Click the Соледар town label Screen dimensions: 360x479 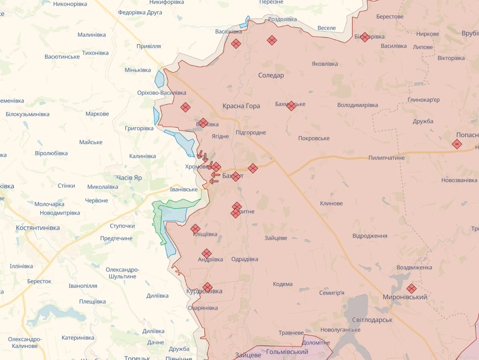pyautogui.click(x=271, y=75)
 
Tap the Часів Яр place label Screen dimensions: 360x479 pyautogui.click(x=129, y=178)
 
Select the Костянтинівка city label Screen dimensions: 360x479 pyautogui.click(x=38, y=228)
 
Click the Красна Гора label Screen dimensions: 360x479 pyautogui.click(x=241, y=106)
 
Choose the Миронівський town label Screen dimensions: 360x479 pyautogui.click(x=405, y=297)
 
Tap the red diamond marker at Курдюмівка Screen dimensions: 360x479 pyautogui.click(x=208, y=287)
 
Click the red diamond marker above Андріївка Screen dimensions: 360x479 pyautogui.click(x=207, y=254)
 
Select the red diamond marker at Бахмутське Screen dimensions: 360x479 pyautogui.click(x=291, y=106)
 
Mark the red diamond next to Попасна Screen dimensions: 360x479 pyautogui.click(x=457, y=144)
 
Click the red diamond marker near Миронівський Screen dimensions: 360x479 pyautogui.click(x=412, y=288)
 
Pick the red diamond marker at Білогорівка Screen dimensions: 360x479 pyautogui.click(x=365, y=37)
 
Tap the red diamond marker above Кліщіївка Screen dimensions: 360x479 pyautogui.click(x=195, y=228)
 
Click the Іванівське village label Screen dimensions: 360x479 pyautogui.click(x=184, y=190)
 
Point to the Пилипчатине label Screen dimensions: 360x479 pyautogui.click(x=386, y=158)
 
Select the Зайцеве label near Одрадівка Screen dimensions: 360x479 pyautogui.click(x=276, y=238)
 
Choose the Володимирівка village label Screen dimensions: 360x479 pyautogui.click(x=358, y=105)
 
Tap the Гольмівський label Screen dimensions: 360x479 pyautogui.click(x=287, y=352)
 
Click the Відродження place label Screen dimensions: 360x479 pyautogui.click(x=370, y=236)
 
